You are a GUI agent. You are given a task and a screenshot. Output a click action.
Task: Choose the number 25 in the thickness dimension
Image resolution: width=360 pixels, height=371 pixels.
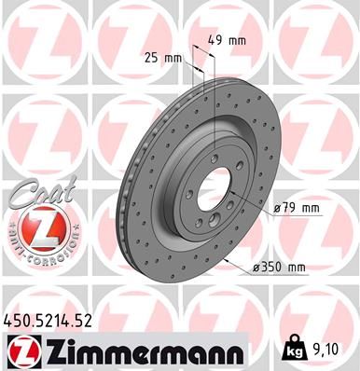tap(151, 58)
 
